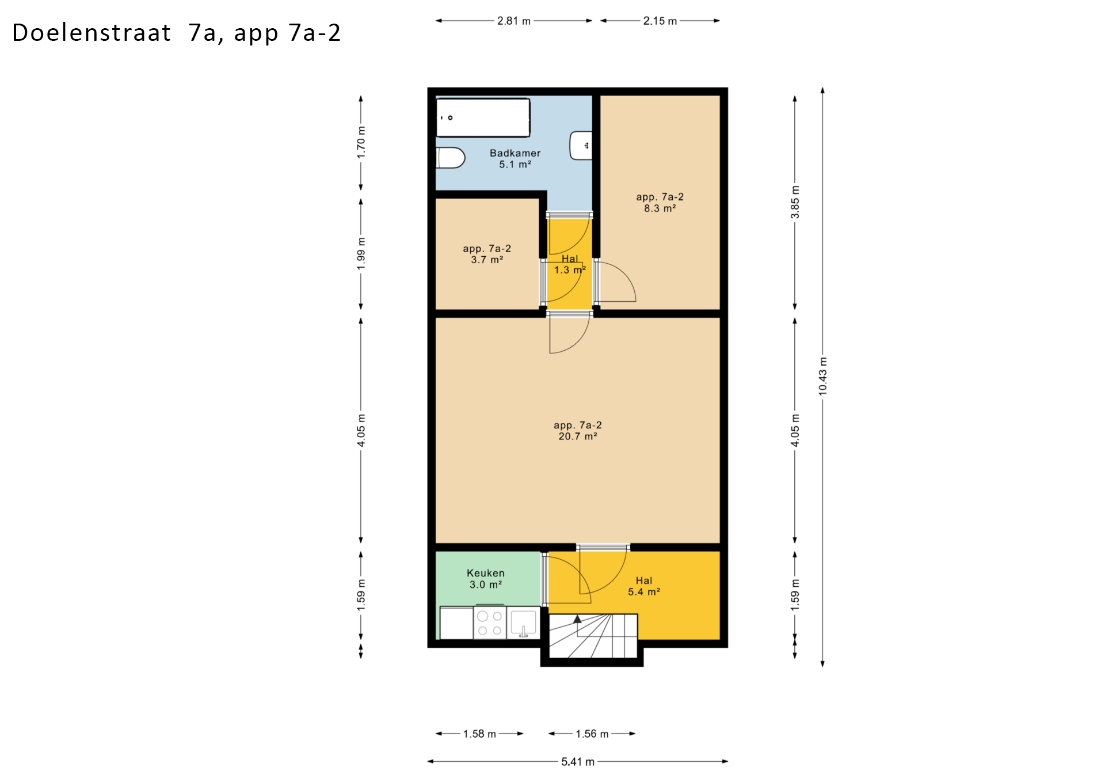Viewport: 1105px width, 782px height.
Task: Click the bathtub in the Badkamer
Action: coord(483,117)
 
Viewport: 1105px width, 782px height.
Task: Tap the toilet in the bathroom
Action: coord(451,158)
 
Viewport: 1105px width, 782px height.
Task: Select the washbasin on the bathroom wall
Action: coord(581,146)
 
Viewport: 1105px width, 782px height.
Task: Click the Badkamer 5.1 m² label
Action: coord(515,158)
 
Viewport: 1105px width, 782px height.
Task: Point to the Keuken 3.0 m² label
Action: coord(486,579)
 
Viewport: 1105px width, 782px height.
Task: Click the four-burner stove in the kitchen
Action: coord(490,622)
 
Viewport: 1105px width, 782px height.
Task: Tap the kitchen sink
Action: coord(523,623)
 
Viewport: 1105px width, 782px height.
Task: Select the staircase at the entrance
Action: coord(593,636)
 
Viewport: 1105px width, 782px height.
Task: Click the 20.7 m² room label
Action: coord(578,431)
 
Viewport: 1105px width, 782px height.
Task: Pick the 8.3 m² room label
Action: coord(660,203)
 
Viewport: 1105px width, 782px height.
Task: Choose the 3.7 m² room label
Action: coord(487,254)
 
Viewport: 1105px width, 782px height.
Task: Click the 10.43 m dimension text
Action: coord(823,376)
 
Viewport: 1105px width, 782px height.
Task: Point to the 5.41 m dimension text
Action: coord(578,762)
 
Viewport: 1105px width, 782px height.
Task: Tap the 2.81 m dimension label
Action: coord(514,21)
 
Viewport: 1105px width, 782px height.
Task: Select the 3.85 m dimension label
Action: coord(795,202)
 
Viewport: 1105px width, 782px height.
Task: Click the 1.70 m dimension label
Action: coord(361,142)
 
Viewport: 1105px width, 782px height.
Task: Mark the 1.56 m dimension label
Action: coord(592,734)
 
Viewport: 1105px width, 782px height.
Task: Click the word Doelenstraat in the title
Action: coord(92,33)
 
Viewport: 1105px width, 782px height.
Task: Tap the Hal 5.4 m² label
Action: coord(644,586)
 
